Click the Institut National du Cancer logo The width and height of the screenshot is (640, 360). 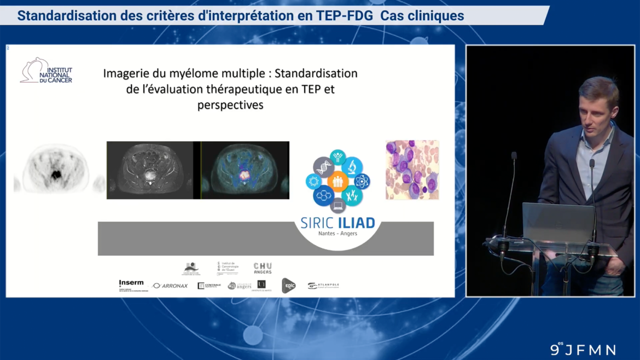(46, 71)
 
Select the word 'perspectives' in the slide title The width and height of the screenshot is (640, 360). (230, 104)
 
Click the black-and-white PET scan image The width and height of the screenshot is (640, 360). (55, 169)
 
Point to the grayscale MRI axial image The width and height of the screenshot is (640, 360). (149, 170)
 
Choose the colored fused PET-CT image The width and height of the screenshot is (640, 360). (245, 170)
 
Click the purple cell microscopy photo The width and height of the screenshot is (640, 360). (412, 170)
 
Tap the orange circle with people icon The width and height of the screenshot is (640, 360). (338, 181)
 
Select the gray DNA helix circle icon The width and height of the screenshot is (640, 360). (323, 166)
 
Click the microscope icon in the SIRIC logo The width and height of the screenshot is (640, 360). (352, 165)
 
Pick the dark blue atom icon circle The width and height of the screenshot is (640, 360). (361, 181)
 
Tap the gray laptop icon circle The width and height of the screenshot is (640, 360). (338, 206)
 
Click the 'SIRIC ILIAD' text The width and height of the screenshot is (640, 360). (338, 223)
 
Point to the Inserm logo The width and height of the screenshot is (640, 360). (131, 284)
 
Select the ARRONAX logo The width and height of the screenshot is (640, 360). (170, 286)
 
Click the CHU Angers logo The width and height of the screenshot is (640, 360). (263, 268)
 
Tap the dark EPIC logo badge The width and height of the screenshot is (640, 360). (288, 285)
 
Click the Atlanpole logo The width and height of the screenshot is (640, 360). (323, 286)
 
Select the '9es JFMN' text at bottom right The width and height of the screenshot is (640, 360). (583, 349)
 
